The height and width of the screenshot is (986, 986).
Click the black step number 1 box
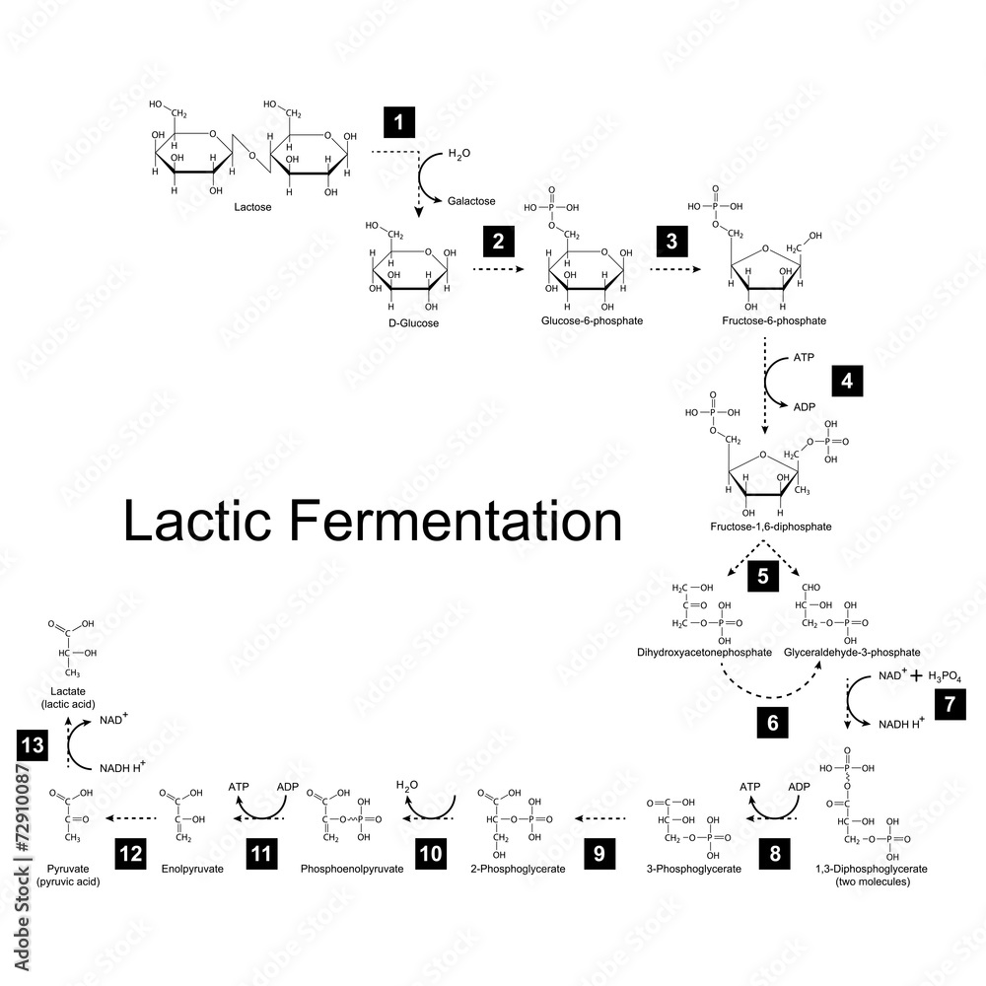coord(398,123)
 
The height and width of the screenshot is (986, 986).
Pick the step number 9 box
coord(599,854)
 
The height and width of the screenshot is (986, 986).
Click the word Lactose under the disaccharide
coord(252,208)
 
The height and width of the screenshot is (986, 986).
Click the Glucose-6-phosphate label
coord(592,321)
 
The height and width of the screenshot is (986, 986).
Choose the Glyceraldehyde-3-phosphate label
coord(852,653)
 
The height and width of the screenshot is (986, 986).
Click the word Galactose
coord(471,200)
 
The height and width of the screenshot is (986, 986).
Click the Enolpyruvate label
coord(191,870)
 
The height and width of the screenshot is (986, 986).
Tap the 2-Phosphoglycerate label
coord(520,870)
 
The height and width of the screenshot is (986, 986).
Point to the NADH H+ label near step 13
coord(121,767)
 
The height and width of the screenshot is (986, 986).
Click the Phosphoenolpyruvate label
coord(352,870)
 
